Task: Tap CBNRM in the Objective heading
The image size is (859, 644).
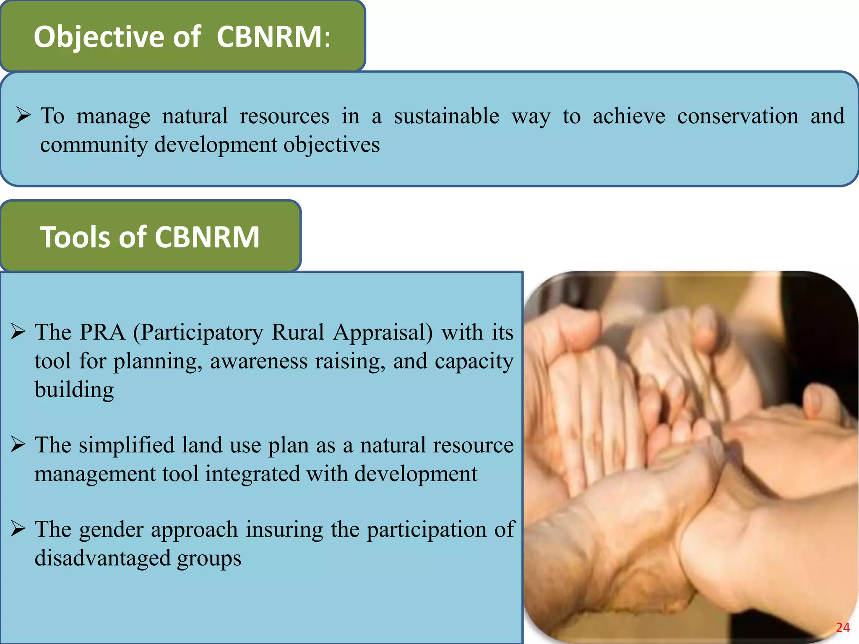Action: coord(269,37)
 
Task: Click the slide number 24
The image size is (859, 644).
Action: coord(843,628)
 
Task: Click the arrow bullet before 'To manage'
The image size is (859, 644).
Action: coord(23,115)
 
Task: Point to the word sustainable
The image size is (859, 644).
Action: coord(446,116)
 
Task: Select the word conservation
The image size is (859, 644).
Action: coord(737,116)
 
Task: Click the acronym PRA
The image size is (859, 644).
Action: coord(102,332)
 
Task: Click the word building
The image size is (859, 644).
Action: coord(74,390)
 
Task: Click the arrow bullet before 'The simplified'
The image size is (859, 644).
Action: coord(18,444)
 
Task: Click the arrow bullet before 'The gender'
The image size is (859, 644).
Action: coord(18,529)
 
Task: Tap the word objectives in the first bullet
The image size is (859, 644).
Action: coord(331,145)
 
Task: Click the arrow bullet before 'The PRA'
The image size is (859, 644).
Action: coord(18,332)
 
